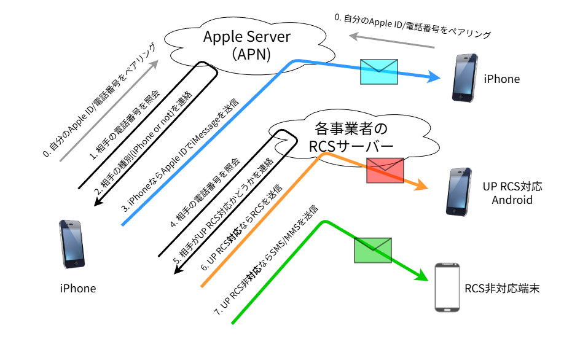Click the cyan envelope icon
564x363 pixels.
point(378,72)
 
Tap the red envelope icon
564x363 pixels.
point(385,171)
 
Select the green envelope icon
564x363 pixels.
point(373,251)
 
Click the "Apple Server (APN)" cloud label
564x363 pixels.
point(247,45)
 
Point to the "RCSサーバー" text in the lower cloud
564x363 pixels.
point(351,146)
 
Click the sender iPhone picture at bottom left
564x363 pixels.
point(72,244)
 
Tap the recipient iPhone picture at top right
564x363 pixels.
point(464,78)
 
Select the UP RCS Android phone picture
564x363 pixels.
point(458,192)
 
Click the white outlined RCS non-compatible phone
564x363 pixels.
point(447,287)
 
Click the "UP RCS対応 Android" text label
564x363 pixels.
point(512,193)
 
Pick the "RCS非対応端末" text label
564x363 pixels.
point(502,289)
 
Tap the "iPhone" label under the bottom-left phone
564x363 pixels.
point(78,289)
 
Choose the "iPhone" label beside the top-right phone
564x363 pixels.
point(502,79)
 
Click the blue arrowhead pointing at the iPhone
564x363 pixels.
point(434,77)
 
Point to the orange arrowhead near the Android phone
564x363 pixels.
point(421,185)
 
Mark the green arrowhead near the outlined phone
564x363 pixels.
point(421,276)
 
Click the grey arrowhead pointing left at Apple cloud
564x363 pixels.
point(354,36)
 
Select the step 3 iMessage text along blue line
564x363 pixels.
point(180,155)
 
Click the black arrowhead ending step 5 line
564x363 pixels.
point(179,268)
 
